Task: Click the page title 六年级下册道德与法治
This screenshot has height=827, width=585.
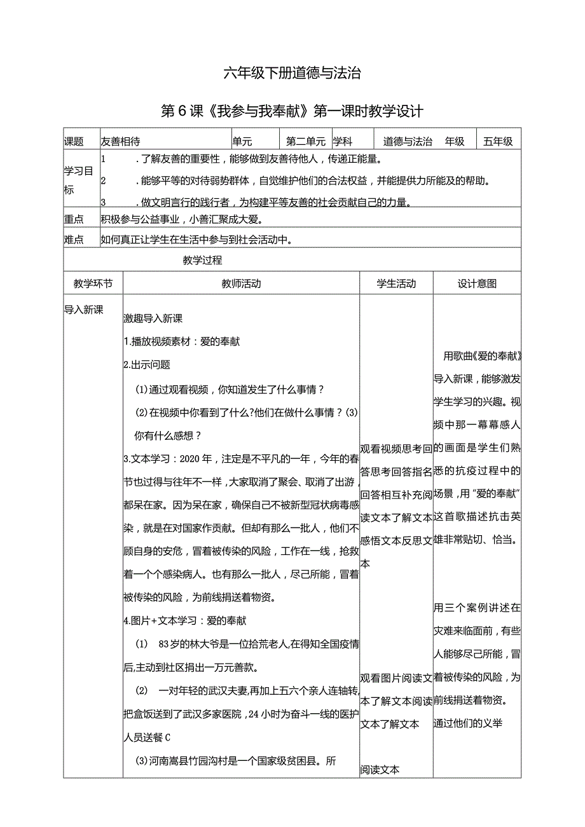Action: pyautogui.click(x=292, y=74)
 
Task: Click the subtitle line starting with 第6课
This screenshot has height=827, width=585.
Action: pyautogui.click(x=292, y=112)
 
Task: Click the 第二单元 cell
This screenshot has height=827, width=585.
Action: pyautogui.click(x=306, y=142)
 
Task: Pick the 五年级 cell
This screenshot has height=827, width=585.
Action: pyautogui.click(x=498, y=142)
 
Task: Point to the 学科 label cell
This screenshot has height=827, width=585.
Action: pyautogui.click(x=343, y=142)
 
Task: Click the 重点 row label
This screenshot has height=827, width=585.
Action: pyautogui.click(x=74, y=219)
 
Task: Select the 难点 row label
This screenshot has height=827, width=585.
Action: pyautogui.click(x=74, y=240)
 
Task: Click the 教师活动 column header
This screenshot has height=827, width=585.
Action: pyautogui.click(x=241, y=284)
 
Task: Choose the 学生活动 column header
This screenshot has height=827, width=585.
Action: pyautogui.click(x=396, y=284)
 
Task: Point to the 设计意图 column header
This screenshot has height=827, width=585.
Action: pyautogui.click(x=477, y=284)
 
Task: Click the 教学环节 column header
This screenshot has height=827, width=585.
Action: pyautogui.click(x=93, y=284)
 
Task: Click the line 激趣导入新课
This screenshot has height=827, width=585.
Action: pyautogui.click(x=153, y=318)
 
